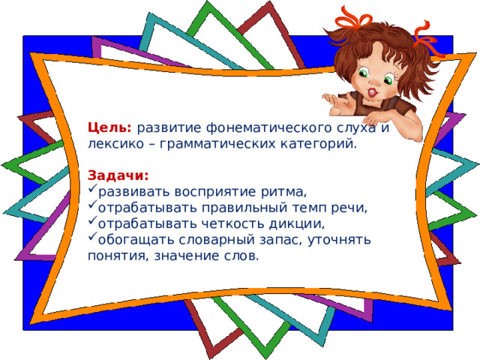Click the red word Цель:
click(109, 127)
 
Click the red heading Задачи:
click(118, 175)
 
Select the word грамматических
click(217, 144)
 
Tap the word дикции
click(296, 224)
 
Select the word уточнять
click(339, 240)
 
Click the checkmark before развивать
click(92, 188)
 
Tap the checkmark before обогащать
click(92, 236)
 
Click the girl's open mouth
click(372, 91)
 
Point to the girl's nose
click(374, 82)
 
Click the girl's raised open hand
click(334, 102)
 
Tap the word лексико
click(115, 144)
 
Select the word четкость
click(232, 224)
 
